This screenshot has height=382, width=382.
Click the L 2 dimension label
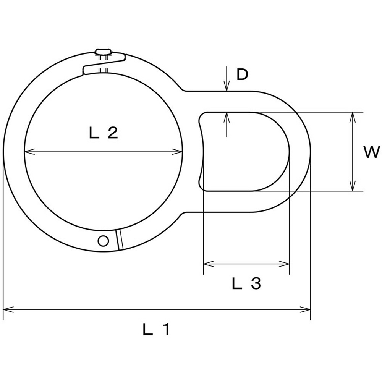[x=104, y=133]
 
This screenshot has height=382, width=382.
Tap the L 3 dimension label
[x=246, y=283]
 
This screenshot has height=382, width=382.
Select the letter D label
[x=242, y=74]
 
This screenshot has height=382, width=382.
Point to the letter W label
[x=372, y=152]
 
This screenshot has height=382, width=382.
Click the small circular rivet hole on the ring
[x=103, y=241]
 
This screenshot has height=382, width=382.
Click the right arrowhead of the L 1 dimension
[x=306, y=310]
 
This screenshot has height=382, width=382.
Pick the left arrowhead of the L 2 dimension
[x=29, y=152]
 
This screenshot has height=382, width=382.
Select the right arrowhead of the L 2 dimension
[x=177, y=152]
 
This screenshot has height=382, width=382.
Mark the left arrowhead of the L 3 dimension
[x=209, y=264]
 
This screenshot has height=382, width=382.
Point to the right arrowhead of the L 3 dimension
[x=284, y=264]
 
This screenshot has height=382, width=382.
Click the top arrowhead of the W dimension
[x=352, y=117]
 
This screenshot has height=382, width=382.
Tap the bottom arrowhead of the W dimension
[x=352, y=186]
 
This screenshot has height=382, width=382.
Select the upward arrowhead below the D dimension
[x=227, y=117]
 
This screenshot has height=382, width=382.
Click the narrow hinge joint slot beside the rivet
[x=119, y=240]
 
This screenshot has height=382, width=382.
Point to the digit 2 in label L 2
[x=113, y=133]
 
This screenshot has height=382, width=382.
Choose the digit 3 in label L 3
[x=256, y=283]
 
